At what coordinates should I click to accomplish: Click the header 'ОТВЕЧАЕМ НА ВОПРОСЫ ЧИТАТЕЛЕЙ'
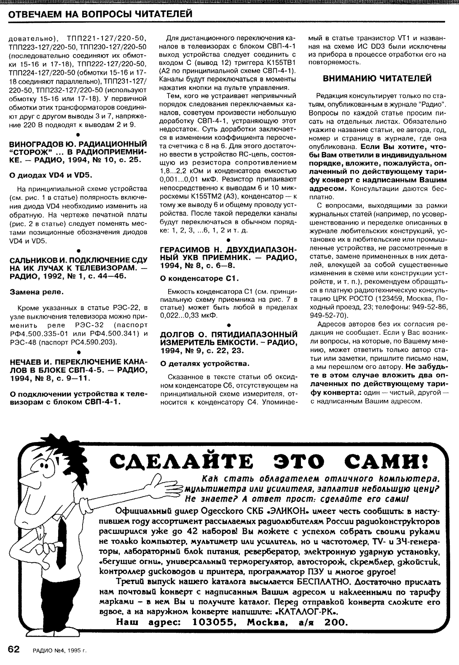(101, 14)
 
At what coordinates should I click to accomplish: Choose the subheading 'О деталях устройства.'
(205, 363)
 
